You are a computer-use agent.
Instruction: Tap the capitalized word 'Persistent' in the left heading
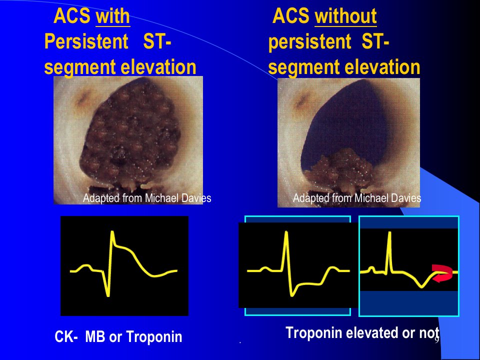point(86,41)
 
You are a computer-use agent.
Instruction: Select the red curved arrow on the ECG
point(442,273)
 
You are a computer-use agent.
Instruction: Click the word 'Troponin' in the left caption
point(154,336)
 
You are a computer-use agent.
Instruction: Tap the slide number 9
point(437,339)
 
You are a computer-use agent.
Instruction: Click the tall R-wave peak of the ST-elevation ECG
point(112,232)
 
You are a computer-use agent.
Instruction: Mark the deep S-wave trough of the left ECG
point(108,295)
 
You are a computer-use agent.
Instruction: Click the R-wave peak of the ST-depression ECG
point(286,232)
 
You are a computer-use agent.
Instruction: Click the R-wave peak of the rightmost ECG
point(389,233)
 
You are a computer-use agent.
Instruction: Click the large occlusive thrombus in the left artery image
point(130,134)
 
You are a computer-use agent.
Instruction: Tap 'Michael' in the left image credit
point(161,198)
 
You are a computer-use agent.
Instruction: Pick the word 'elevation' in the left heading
point(158,67)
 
